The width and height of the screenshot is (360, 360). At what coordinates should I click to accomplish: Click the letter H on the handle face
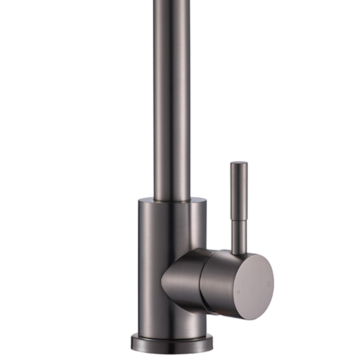tap(238, 292)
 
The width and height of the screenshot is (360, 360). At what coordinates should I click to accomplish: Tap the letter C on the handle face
tap(269, 284)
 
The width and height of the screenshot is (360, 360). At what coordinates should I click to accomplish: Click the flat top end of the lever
tap(239, 163)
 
